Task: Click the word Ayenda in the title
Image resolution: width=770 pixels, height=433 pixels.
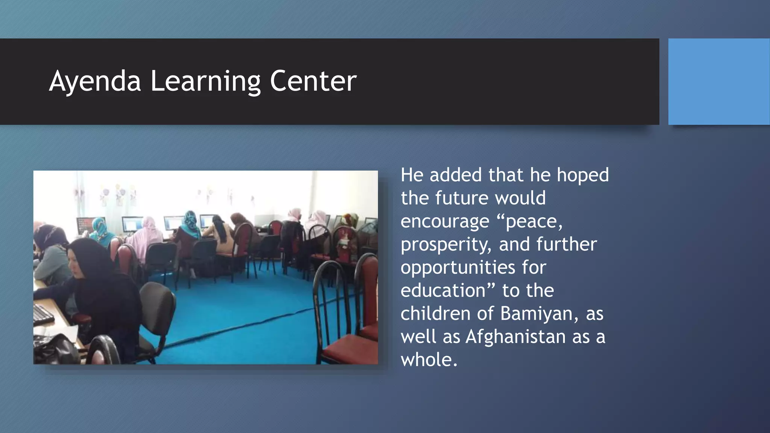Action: [95, 81]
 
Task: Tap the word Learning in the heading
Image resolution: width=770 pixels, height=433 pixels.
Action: [205, 81]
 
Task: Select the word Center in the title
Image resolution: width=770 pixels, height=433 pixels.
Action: [313, 81]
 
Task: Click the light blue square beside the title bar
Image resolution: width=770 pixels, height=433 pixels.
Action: [718, 82]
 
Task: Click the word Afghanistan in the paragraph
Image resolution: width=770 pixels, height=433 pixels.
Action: [515, 336]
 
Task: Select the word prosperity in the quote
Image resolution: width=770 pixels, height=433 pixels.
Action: [446, 245]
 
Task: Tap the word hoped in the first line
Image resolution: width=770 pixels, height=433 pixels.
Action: [582, 175]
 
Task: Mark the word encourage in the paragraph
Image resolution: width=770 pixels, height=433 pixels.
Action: [444, 221]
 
